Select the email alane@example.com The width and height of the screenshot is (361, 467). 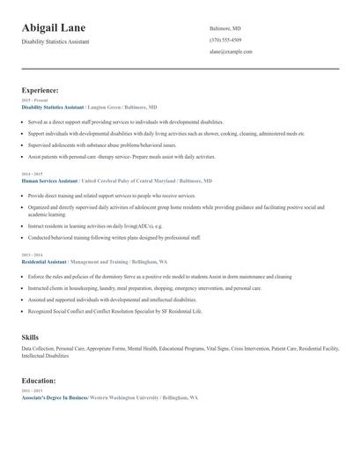[x=231, y=52]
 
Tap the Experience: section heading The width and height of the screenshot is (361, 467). [x=41, y=90]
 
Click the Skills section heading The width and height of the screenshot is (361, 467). [x=30, y=337]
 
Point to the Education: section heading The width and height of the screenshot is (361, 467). [x=39, y=381]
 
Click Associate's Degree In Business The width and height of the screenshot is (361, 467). [x=54, y=398]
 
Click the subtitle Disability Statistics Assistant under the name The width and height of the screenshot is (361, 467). [x=55, y=41]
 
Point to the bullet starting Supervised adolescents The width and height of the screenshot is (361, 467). [x=101, y=145]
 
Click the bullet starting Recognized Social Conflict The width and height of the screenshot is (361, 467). [x=114, y=311]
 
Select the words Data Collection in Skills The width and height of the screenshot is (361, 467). [x=39, y=349]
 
